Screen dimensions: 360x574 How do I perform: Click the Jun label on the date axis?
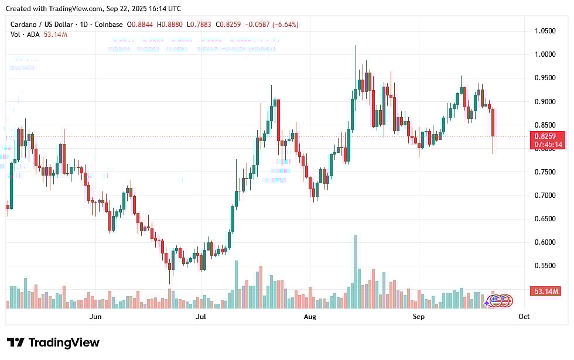pyautogui.click(x=95, y=317)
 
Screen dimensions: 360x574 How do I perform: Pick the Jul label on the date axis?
pyautogui.click(x=201, y=317)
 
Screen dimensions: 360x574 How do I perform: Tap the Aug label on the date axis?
pyautogui.click(x=310, y=317)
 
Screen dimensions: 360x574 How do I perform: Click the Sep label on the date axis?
pyautogui.click(x=418, y=317)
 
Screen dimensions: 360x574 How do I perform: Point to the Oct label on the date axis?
pyautogui.click(x=524, y=317)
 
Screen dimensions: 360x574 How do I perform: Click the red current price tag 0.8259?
pyautogui.click(x=548, y=136)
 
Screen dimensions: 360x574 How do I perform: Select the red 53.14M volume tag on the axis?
pyautogui.click(x=548, y=291)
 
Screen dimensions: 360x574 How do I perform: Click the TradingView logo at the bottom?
pyautogui.click(x=53, y=342)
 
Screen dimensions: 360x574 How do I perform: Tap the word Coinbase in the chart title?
pyautogui.click(x=109, y=25)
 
